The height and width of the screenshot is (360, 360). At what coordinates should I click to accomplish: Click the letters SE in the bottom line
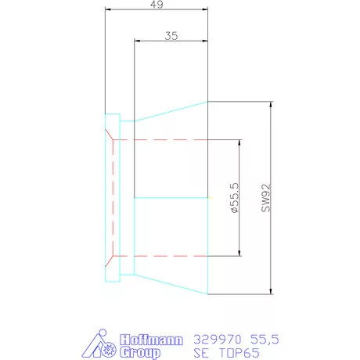[x=203, y=352]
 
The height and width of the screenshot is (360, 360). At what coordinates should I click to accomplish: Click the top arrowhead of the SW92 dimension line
[x=270, y=104]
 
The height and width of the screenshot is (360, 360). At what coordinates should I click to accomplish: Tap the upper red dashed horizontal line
[x=172, y=140]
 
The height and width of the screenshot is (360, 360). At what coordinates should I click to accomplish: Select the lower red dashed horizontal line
[x=172, y=255]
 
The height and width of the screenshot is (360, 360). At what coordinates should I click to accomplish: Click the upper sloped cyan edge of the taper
[x=171, y=110]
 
